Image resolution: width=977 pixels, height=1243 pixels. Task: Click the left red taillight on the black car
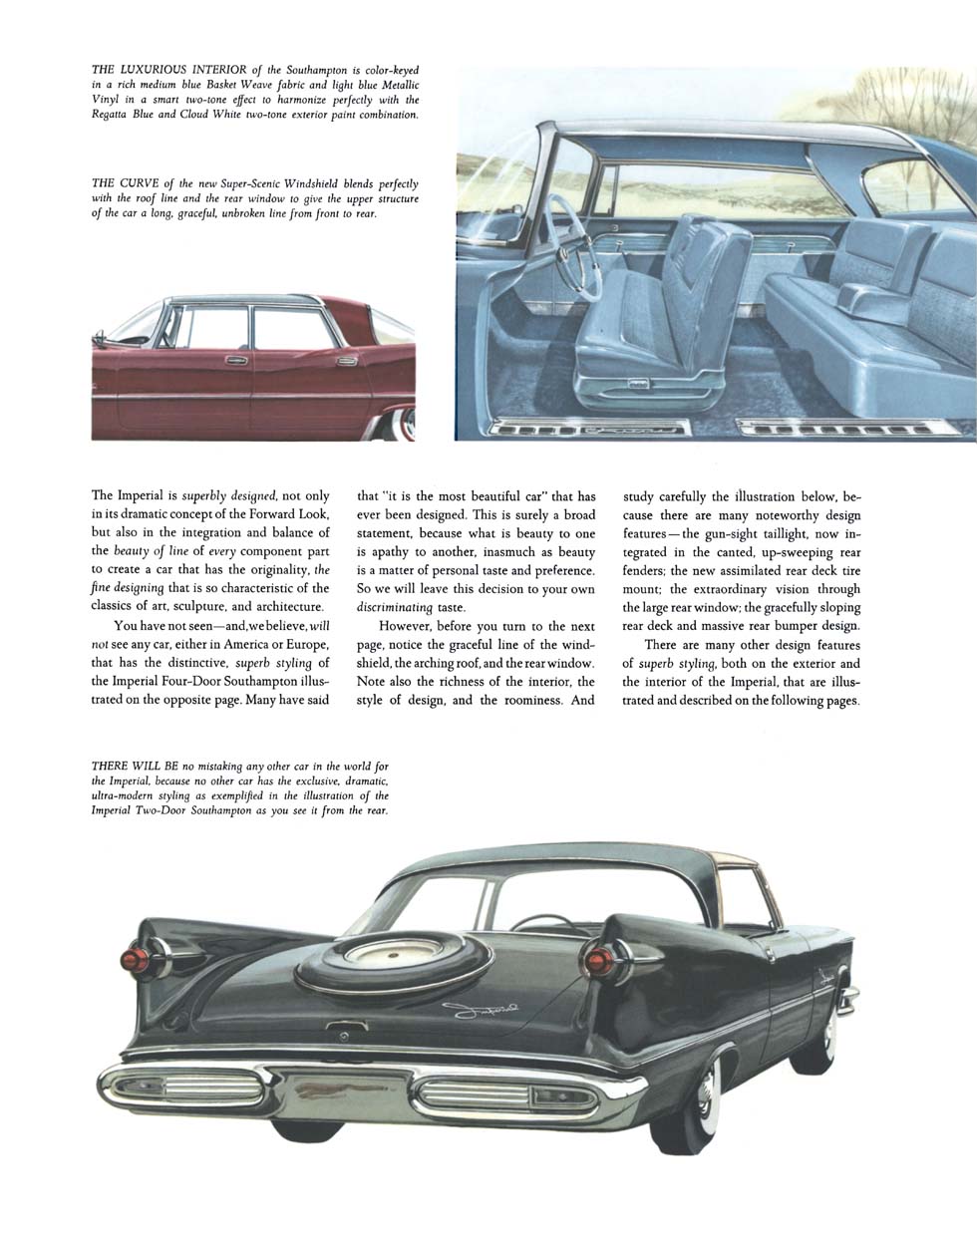pyautogui.click(x=133, y=960)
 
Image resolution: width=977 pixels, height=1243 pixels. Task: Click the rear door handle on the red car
pyautogui.click(x=345, y=360)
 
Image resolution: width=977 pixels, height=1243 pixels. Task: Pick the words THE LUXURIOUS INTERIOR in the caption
pyautogui.click(x=169, y=70)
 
